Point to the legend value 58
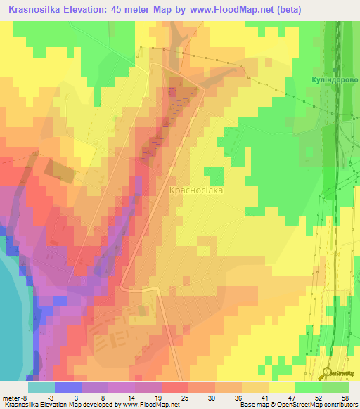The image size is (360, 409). click(344, 398)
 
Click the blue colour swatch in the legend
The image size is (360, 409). click(67, 387)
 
